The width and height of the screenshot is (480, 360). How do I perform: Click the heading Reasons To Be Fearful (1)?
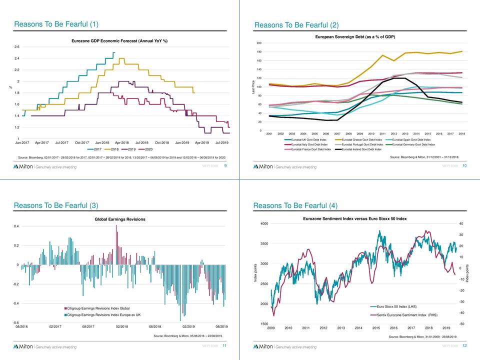(56, 24)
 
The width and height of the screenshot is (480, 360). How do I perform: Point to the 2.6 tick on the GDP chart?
(17, 47)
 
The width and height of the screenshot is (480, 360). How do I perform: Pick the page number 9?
(225, 166)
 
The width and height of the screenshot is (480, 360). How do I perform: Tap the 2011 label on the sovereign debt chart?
(382, 134)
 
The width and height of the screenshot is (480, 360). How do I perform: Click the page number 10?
(465, 166)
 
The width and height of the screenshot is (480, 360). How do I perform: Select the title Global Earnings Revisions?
(120, 219)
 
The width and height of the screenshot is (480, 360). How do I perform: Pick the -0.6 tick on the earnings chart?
(16, 322)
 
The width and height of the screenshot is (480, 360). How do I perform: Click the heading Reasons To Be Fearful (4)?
(295, 205)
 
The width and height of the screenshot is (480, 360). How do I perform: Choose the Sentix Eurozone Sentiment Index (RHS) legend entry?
(407, 315)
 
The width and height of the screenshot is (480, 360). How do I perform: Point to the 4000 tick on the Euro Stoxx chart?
(263, 223)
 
